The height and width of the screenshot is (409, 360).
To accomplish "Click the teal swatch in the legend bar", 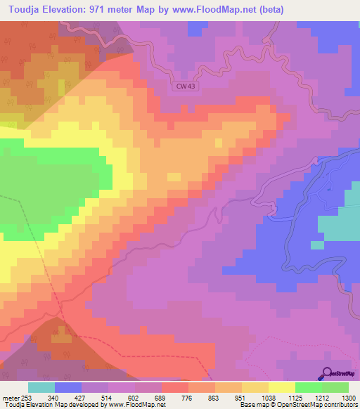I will pyautogui.click(x=41, y=387).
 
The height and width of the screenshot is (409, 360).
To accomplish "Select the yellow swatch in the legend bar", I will pyautogui.click(x=281, y=387).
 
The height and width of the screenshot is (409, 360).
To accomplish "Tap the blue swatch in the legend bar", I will pyautogui.click(x=68, y=387).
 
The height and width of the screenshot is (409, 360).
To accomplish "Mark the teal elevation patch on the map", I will pyautogui.click(x=339, y=225).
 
